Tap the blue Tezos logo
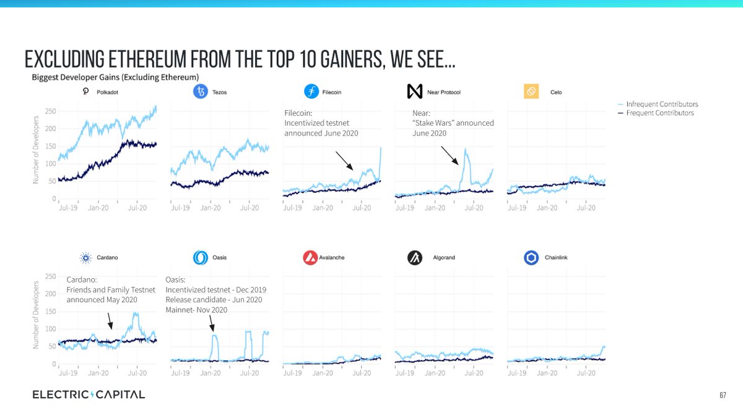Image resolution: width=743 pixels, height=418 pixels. point(200,92)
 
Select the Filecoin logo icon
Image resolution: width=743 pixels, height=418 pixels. point(311,92)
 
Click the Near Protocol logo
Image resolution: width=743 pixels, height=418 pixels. point(414,92)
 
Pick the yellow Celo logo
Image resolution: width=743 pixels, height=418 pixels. point(530,92)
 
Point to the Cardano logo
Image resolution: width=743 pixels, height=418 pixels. point(85,258)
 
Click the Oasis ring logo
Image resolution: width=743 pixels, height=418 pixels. point(200,258)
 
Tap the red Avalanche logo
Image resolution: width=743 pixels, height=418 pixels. point(311,258)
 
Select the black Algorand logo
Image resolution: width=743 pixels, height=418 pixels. point(414,258)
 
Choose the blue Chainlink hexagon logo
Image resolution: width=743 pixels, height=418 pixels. point(531,258)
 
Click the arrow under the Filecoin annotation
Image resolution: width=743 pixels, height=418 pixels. point(344,160)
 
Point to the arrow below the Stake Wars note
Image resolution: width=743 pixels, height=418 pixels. point(450,156)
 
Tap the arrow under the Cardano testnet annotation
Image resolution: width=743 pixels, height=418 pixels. point(110,320)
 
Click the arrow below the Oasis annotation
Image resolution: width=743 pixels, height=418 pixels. point(211,323)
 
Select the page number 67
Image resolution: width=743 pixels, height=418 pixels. point(723,395)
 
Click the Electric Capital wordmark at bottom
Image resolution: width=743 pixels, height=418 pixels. point(89,395)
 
